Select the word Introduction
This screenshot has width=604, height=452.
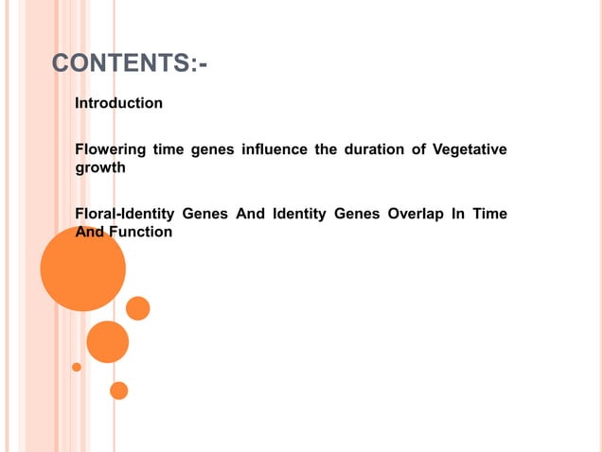118,102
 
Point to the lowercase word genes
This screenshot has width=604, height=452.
212,149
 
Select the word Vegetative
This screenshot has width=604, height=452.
470,149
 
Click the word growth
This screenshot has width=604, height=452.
99,168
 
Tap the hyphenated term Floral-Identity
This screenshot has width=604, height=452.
124,214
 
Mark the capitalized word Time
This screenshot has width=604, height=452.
489,214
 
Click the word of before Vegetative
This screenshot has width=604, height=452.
419,149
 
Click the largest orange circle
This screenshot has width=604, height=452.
83,269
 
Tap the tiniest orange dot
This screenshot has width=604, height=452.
77,366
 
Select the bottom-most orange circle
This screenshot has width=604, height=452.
118,390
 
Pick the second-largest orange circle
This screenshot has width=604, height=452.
107,341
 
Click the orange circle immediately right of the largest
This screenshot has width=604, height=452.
138,308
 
